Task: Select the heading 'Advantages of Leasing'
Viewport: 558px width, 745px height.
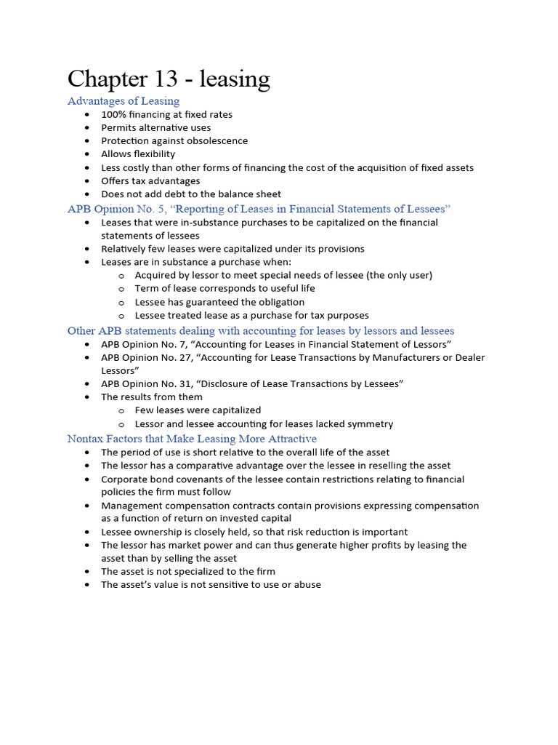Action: point(124,101)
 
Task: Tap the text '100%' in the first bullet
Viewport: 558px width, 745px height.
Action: point(113,115)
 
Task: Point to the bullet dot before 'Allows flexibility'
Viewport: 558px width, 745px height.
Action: point(87,154)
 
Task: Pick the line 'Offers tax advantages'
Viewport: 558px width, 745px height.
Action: point(150,181)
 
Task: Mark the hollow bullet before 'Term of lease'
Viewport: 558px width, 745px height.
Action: point(121,289)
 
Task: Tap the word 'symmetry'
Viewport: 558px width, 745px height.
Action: point(371,424)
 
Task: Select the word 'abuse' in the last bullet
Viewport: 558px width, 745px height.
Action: point(307,585)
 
